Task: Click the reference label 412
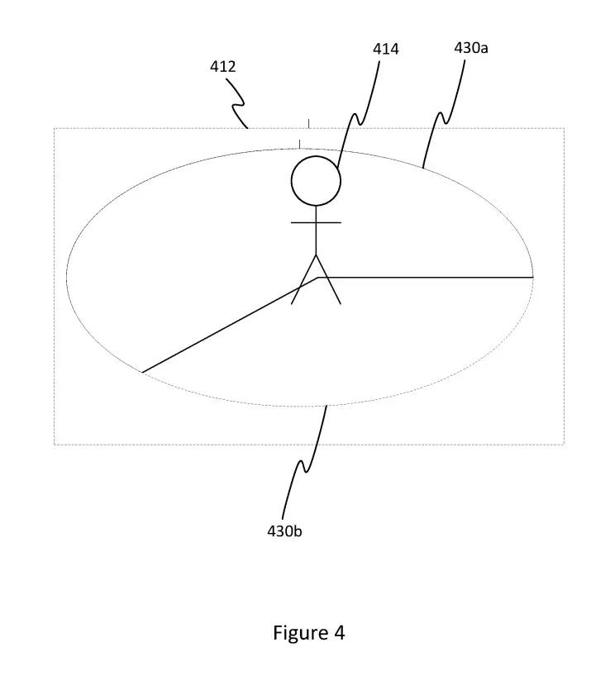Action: (222, 66)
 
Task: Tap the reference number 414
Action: (385, 49)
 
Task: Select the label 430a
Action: (471, 48)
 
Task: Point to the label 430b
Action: (284, 531)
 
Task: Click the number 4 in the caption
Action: (339, 633)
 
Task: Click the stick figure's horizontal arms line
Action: (316, 222)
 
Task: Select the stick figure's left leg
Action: (303, 279)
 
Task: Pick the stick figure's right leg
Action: (328, 279)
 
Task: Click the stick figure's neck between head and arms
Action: (316, 214)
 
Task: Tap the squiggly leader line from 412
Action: (237, 104)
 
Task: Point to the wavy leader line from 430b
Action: (304, 463)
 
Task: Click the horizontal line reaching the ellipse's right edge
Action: (426, 277)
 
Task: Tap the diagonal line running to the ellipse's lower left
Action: (230, 325)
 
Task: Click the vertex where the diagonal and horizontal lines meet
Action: (318, 277)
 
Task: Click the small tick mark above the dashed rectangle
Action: (308, 123)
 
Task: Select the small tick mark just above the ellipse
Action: (300, 144)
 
